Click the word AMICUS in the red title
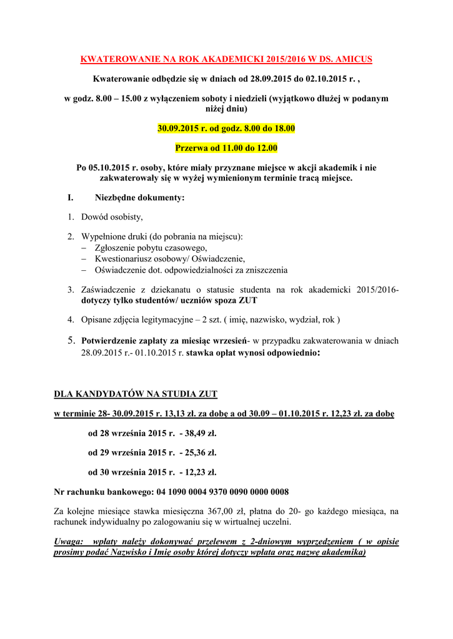[x=354, y=59]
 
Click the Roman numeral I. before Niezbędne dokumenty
[x=71, y=198]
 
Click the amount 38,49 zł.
[x=198, y=432]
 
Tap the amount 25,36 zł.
[x=198, y=452]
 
